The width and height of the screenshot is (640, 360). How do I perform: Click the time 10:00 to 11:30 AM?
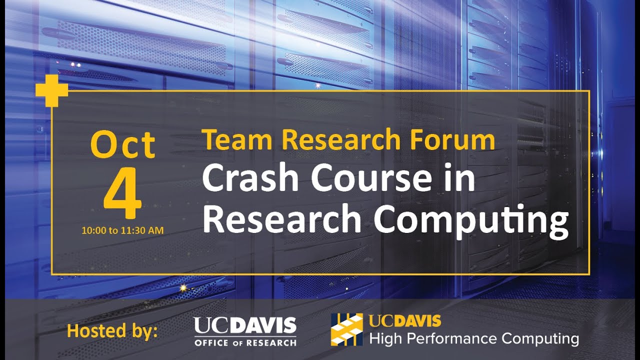123,230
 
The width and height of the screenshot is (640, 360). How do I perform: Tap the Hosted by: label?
112,331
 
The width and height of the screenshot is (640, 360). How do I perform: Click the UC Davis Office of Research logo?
245,331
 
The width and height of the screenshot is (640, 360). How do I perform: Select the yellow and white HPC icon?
346,330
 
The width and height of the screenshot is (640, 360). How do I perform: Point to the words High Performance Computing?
473,338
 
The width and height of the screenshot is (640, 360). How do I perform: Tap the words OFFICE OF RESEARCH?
245,342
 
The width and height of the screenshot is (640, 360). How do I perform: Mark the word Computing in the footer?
540,339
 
